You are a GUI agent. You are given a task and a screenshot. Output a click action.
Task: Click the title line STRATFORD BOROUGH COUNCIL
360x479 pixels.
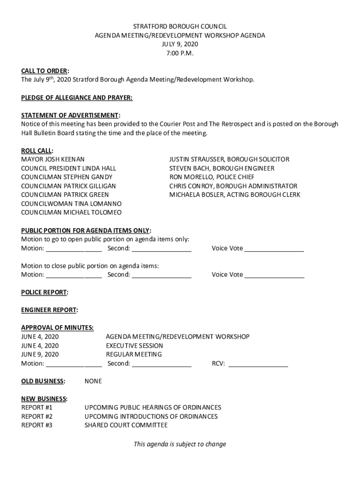point(180,27)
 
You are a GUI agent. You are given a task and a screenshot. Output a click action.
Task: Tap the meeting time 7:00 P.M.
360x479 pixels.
point(180,53)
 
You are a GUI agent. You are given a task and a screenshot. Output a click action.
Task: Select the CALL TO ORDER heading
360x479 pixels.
point(44,71)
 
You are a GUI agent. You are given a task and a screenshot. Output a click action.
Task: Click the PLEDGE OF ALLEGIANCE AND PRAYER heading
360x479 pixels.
point(77,97)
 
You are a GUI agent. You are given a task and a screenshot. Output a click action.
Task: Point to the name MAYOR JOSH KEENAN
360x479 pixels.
point(53,160)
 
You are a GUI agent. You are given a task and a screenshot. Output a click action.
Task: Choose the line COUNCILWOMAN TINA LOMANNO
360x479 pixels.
point(71,204)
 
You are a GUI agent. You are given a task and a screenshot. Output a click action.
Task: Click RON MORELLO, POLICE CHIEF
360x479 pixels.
point(212,177)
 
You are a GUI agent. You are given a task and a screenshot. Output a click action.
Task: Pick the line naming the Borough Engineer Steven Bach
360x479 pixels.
point(222,168)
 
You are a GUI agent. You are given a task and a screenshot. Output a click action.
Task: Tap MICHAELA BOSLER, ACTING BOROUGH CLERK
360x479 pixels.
point(235,195)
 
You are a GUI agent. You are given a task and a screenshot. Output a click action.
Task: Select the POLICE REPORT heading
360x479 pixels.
point(44,292)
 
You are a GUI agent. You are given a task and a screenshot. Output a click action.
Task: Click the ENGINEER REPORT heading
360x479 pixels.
point(49,310)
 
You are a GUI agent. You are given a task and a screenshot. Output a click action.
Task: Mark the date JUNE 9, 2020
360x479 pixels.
point(40,355)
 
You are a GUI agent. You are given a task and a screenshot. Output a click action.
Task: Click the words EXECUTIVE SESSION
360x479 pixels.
point(134,346)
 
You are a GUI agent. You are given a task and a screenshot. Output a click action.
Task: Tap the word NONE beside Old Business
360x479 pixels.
point(93,381)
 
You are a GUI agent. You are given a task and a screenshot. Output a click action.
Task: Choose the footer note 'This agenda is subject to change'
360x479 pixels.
point(180,444)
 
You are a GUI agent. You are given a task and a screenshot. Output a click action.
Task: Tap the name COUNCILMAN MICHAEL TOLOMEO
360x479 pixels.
point(71,213)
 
